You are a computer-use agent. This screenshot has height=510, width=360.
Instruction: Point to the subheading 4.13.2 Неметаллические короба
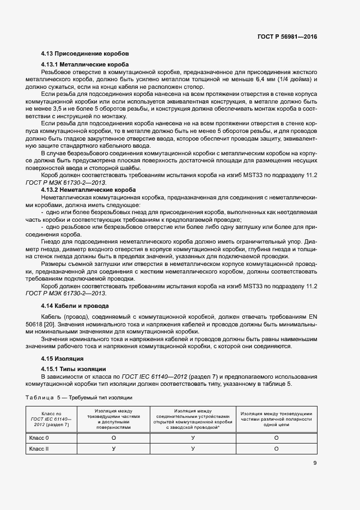(88, 190)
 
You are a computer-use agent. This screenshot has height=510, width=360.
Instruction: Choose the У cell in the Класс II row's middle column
(193, 448)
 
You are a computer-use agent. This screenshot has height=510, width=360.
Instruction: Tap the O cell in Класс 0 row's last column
(276, 438)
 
